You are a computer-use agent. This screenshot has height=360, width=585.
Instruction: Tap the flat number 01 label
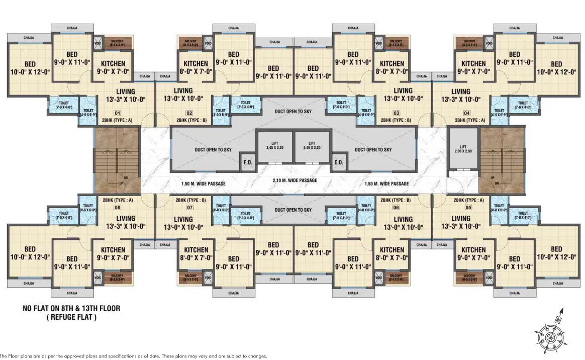pos(118,113)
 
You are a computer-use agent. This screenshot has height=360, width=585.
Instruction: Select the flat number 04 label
pos(467,113)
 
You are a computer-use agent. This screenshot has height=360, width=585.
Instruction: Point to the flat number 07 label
pos(189,207)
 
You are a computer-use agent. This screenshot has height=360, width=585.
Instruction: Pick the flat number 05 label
pos(469,207)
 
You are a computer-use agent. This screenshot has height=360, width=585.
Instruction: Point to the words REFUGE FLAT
pos(71,317)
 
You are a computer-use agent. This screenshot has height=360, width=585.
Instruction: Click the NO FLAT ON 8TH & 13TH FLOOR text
pos(71,308)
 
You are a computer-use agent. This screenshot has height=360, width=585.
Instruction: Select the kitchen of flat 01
pos(113,67)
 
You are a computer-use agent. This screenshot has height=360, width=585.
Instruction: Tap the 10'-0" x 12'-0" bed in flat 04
pos(556,68)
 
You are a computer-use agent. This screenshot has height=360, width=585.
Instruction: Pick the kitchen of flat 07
pos(196,253)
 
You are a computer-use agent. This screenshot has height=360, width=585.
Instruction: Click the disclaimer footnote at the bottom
pos(133,356)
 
